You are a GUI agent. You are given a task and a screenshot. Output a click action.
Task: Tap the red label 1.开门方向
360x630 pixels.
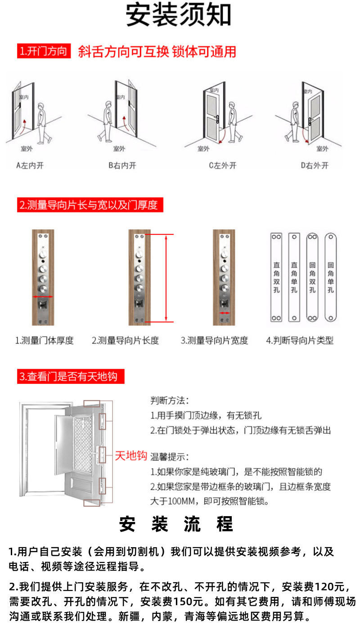coord(43,51)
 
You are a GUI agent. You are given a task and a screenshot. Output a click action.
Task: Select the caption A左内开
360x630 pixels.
coord(30,165)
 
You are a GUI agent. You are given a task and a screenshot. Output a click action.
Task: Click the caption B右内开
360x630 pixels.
coord(122,165)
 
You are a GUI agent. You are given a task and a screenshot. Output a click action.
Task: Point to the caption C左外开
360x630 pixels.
coord(222,165)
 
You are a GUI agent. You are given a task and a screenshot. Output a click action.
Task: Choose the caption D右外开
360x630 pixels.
coord(315,165)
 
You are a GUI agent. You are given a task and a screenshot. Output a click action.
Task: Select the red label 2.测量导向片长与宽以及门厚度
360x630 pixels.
coord(89,205)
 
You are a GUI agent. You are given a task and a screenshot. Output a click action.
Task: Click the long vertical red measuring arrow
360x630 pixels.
coord(167,278)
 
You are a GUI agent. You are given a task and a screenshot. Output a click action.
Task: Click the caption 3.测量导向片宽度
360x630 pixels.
coord(214,341)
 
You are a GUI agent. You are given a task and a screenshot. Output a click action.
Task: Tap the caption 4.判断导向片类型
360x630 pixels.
coord(300,341)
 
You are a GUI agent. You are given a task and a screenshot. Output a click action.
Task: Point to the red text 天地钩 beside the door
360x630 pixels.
coord(131,455)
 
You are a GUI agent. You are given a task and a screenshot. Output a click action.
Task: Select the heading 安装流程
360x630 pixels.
coord(176,525)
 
